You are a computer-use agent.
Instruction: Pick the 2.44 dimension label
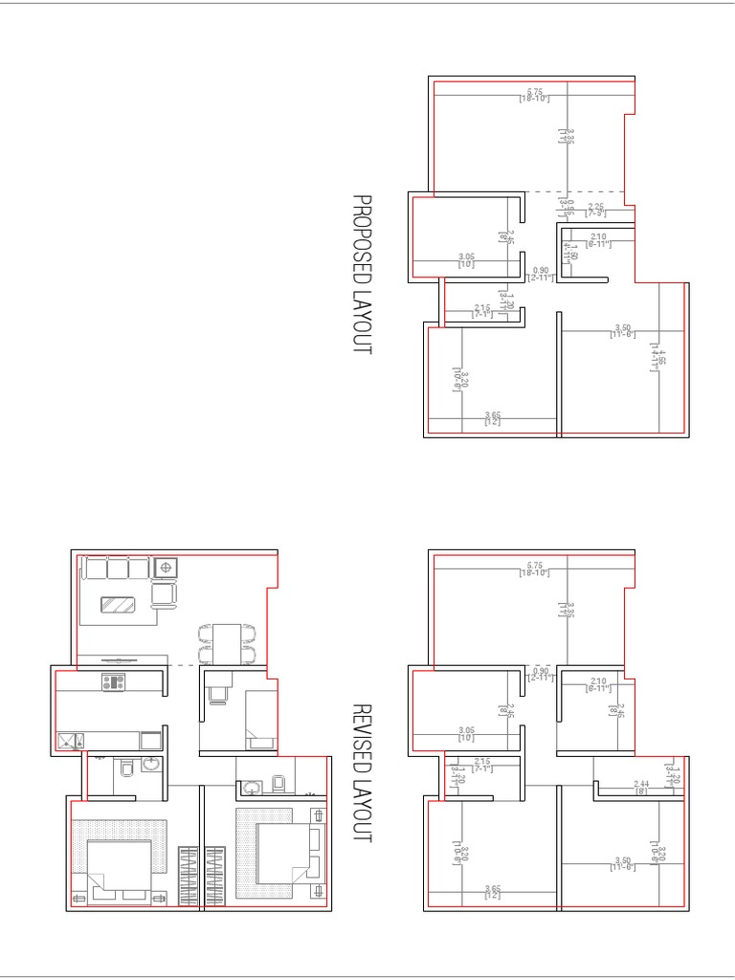640,787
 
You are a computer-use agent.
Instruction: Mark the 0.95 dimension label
571,206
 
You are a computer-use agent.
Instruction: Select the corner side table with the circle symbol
166,568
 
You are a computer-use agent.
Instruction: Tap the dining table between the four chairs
227,642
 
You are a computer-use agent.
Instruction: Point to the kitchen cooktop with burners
114,682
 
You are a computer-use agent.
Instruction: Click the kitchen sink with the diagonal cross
69,740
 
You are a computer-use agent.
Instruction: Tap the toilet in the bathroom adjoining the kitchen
127,768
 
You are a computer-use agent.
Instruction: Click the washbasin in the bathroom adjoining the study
253,788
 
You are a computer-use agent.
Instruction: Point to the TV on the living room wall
119,658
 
